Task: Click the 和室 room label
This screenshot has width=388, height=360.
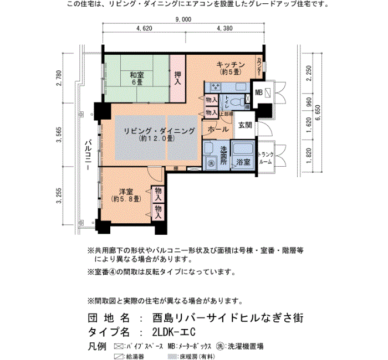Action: click(x=136, y=75)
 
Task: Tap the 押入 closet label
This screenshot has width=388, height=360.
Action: click(x=177, y=78)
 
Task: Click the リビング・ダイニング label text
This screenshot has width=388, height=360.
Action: click(x=159, y=131)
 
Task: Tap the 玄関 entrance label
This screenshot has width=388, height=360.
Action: click(x=245, y=125)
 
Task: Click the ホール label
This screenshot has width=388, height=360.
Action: click(x=218, y=129)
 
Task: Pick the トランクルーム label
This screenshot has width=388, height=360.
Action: click(x=266, y=158)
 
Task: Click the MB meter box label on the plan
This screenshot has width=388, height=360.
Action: click(x=258, y=92)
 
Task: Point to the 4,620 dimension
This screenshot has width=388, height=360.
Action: click(x=143, y=28)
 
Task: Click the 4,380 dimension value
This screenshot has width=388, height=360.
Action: click(x=224, y=28)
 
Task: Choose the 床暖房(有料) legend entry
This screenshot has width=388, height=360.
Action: click(x=195, y=356)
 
